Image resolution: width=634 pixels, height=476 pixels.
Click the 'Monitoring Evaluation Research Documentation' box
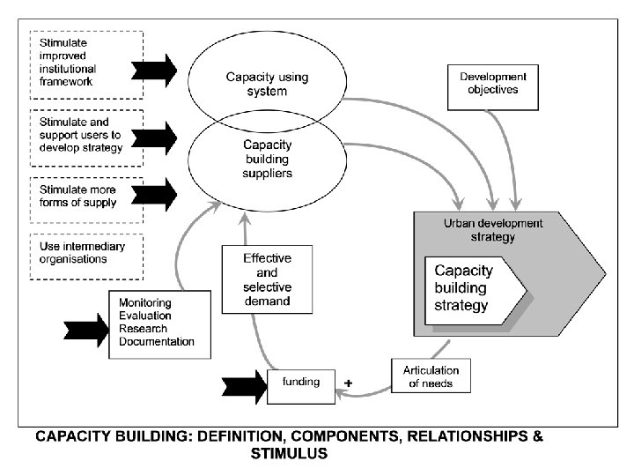(x=159, y=323)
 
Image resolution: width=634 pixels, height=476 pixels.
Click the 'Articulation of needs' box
(x=431, y=376)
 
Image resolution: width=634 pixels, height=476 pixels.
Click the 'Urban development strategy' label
(x=492, y=229)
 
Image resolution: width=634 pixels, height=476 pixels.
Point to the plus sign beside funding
(x=348, y=383)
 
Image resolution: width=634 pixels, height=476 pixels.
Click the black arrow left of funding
(x=245, y=383)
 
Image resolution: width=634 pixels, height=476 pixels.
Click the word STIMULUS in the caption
(x=288, y=455)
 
